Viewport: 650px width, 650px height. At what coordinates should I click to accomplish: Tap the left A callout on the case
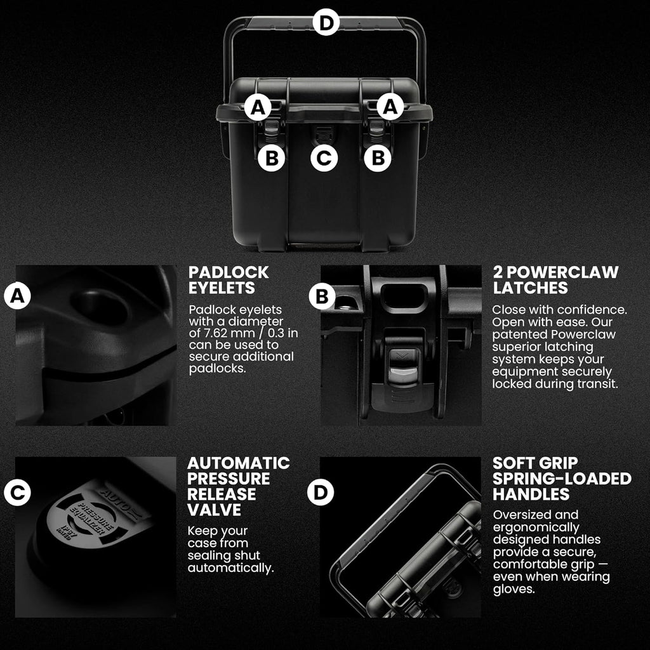pyautogui.click(x=258, y=107)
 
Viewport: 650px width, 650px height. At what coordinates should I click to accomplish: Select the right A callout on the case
pyautogui.click(x=390, y=107)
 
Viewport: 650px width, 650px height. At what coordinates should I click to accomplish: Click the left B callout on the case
pyautogui.click(x=271, y=158)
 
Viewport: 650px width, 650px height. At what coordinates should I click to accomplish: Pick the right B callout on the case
pyautogui.click(x=378, y=158)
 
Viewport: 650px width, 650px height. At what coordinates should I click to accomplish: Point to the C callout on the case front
pyautogui.click(x=324, y=158)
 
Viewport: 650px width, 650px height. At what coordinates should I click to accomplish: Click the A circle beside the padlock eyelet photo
pyautogui.click(x=17, y=296)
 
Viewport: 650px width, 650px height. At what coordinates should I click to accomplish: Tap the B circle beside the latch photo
pyautogui.click(x=322, y=296)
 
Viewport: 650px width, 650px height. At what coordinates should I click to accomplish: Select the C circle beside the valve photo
pyautogui.click(x=17, y=492)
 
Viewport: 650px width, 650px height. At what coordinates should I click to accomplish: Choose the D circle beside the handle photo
pyautogui.click(x=321, y=492)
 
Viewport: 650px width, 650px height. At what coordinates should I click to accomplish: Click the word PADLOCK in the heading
pyautogui.click(x=229, y=272)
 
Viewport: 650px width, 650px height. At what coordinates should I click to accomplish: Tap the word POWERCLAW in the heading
pyautogui.click(x=562, y=272)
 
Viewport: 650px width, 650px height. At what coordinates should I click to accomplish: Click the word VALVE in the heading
pyautogui.click(x=214, y=510)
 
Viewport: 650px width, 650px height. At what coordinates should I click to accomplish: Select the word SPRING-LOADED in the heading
pyautogui.click(x=562, y=479)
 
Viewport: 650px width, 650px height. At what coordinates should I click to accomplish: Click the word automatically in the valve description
pyautogui.click(x=230, y=568)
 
